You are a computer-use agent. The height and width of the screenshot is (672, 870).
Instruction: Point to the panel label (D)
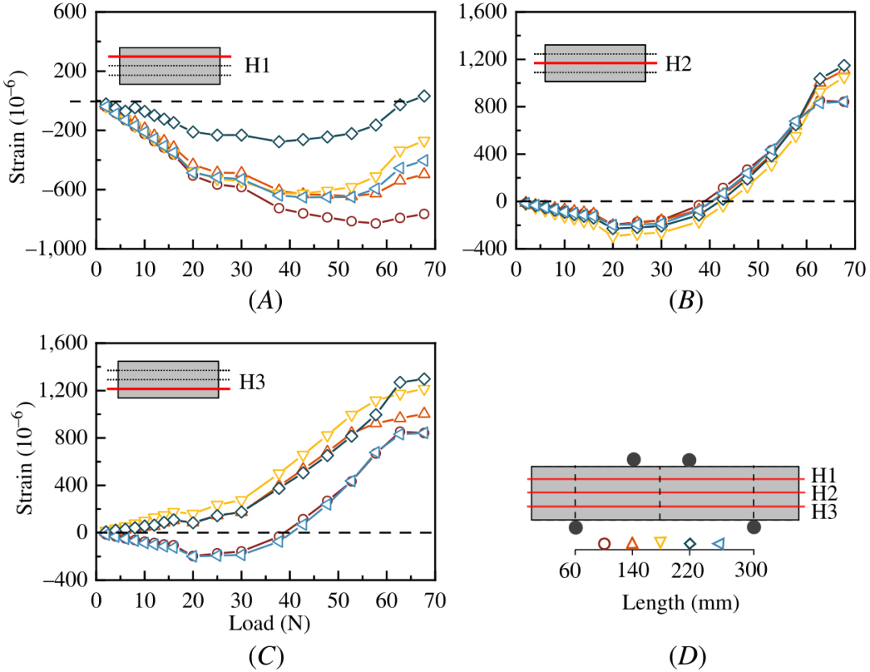pyautogui.click(x=686, y=657)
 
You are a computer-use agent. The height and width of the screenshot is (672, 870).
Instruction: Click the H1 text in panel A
pyautogui.click(x=257, y=65)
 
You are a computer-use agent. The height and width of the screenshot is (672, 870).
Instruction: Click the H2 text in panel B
pyautogui.click(x=679, y=62)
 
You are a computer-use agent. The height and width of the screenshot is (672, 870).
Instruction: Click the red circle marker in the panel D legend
pyautogui.click(x=604, y=544)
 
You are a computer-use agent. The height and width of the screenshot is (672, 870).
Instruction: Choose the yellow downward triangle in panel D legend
pyautogui.click(x=661, y=544)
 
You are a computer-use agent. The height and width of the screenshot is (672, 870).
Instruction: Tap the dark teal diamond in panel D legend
pyautogui.click(x=690, y=544)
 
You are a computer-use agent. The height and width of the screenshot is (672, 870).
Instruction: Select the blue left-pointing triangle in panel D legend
pyautogui.click(x=718, y=544)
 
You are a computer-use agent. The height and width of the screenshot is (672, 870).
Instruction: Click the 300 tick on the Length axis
pyautogui.click(x=753, y=571)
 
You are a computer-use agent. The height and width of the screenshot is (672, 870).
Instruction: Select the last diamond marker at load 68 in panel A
pyautogui.click(x=425, y=96)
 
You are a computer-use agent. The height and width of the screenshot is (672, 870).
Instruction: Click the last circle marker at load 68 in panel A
pyautogui.click(x=425, y=214)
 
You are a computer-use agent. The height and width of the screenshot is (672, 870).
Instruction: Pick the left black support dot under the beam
pyautogui.click(x=575, y=527)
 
